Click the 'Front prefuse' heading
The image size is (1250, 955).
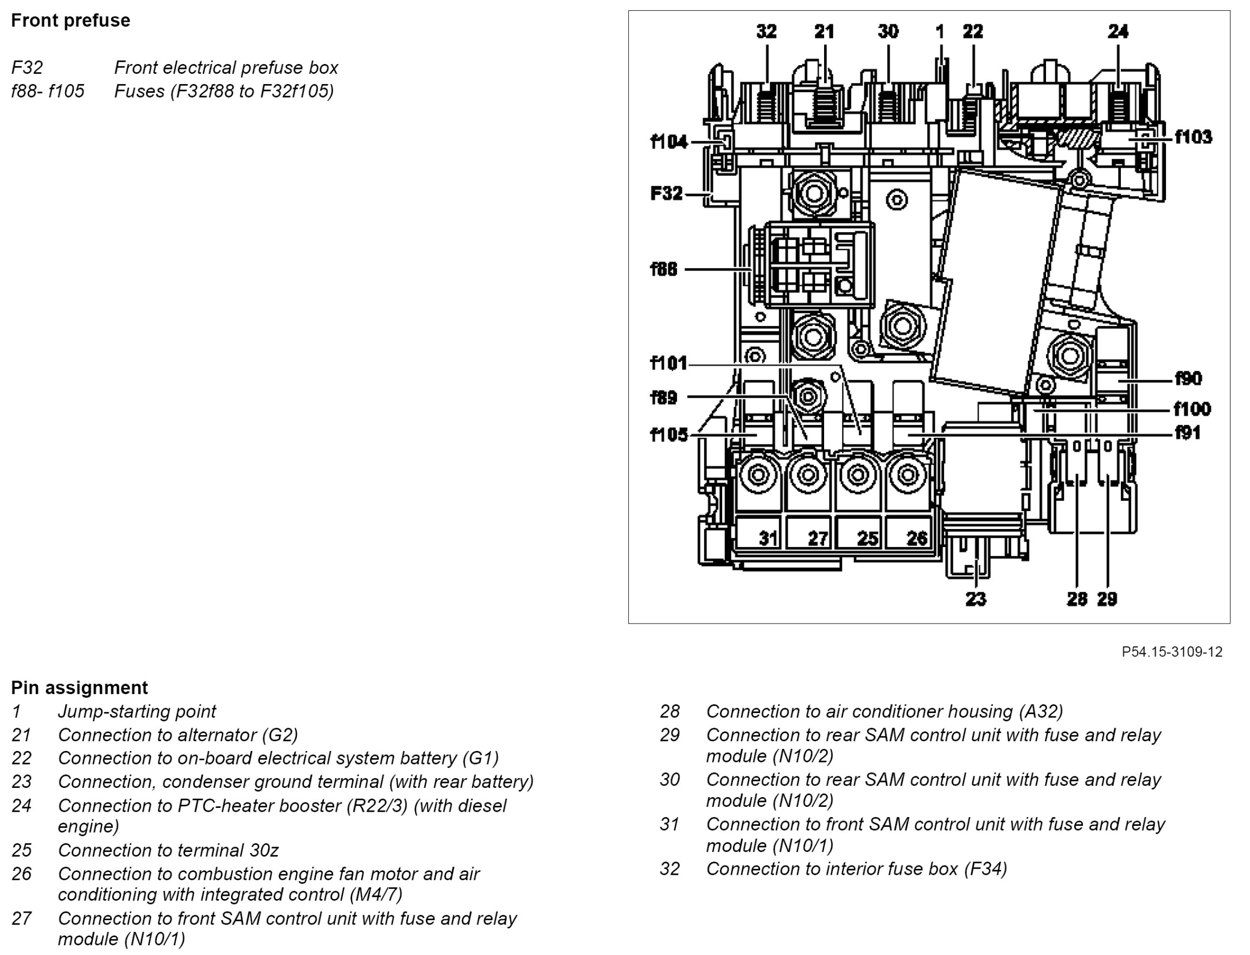pyautogui.click(x=71, y=21)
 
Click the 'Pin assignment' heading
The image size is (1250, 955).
pyautogui.click(x=79, y=688)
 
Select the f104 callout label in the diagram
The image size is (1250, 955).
pyautogui.click(x=669, y=142)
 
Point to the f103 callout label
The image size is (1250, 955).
pyautogui.click(x=1193, y=137)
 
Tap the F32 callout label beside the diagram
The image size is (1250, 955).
pyautogui.click(x=666, y=193)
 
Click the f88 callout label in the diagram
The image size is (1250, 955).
pyautogui.click(x=664, y=269)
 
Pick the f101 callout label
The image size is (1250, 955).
pyautogui.click(x=668, y=362)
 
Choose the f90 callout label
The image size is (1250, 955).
pyautogui.click(x=1189, y=378)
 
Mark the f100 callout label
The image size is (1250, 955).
pyautogui.click(x=1192, y=409)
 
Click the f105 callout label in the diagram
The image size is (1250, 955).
pyautogui.click(x=668, y=435)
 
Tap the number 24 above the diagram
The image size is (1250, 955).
pyautogui.click(x=1118, y=31)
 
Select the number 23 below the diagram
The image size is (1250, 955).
pyautogui.click(x=975, y=599)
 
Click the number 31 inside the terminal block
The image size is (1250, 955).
pyautogui.click(x=769, y=538)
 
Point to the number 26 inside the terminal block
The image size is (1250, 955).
pyautogui.click(x=917, y=538)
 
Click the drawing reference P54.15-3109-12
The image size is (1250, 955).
pyautogui.click(x=1172, y=652)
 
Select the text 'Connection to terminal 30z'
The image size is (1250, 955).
pyautogui.click(x=168, y=850)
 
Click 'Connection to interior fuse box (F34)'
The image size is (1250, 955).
pyautogui.click(x=856, y=869)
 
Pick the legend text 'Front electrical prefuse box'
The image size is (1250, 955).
pyautogui.click(x=226, y=68)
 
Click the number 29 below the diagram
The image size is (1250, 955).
pyautogui.click(x=1107, y=599)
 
